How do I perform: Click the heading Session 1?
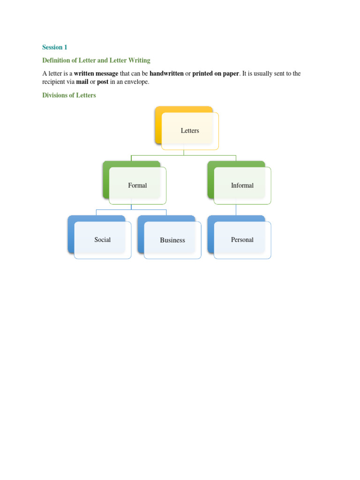click(x=55, y=47)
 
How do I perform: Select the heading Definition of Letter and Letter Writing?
click(x=96, y=60)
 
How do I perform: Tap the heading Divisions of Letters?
click(x=69, y=96)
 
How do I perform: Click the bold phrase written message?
click(x=96, y=74)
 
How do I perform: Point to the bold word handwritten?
click(x=166, y=74)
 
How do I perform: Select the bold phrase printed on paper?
click(x=216, y=74)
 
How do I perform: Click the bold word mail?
click(x=82, y=82)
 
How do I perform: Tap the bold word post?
click(x=103, y=82)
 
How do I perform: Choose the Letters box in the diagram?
click(x=190, y=131)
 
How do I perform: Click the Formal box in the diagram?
click(x=137, y=186)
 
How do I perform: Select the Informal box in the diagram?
click(x=242, y=186)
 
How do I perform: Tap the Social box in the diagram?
click(x=103, y=240)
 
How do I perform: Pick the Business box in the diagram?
click(x=172, y=240)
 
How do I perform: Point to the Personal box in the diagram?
click(x=242, y=240)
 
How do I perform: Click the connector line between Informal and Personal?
click(x=236, y=210)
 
